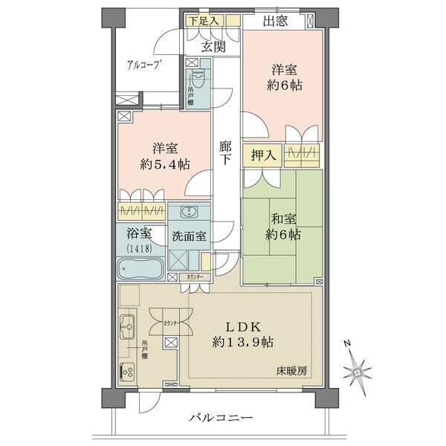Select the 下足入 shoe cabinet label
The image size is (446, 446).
click(x=202, y=20)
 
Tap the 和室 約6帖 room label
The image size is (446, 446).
click(x=285, y=226)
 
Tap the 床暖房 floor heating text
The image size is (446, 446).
click(x=293, y=369)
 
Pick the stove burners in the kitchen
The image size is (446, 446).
click(x=126, y=372)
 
